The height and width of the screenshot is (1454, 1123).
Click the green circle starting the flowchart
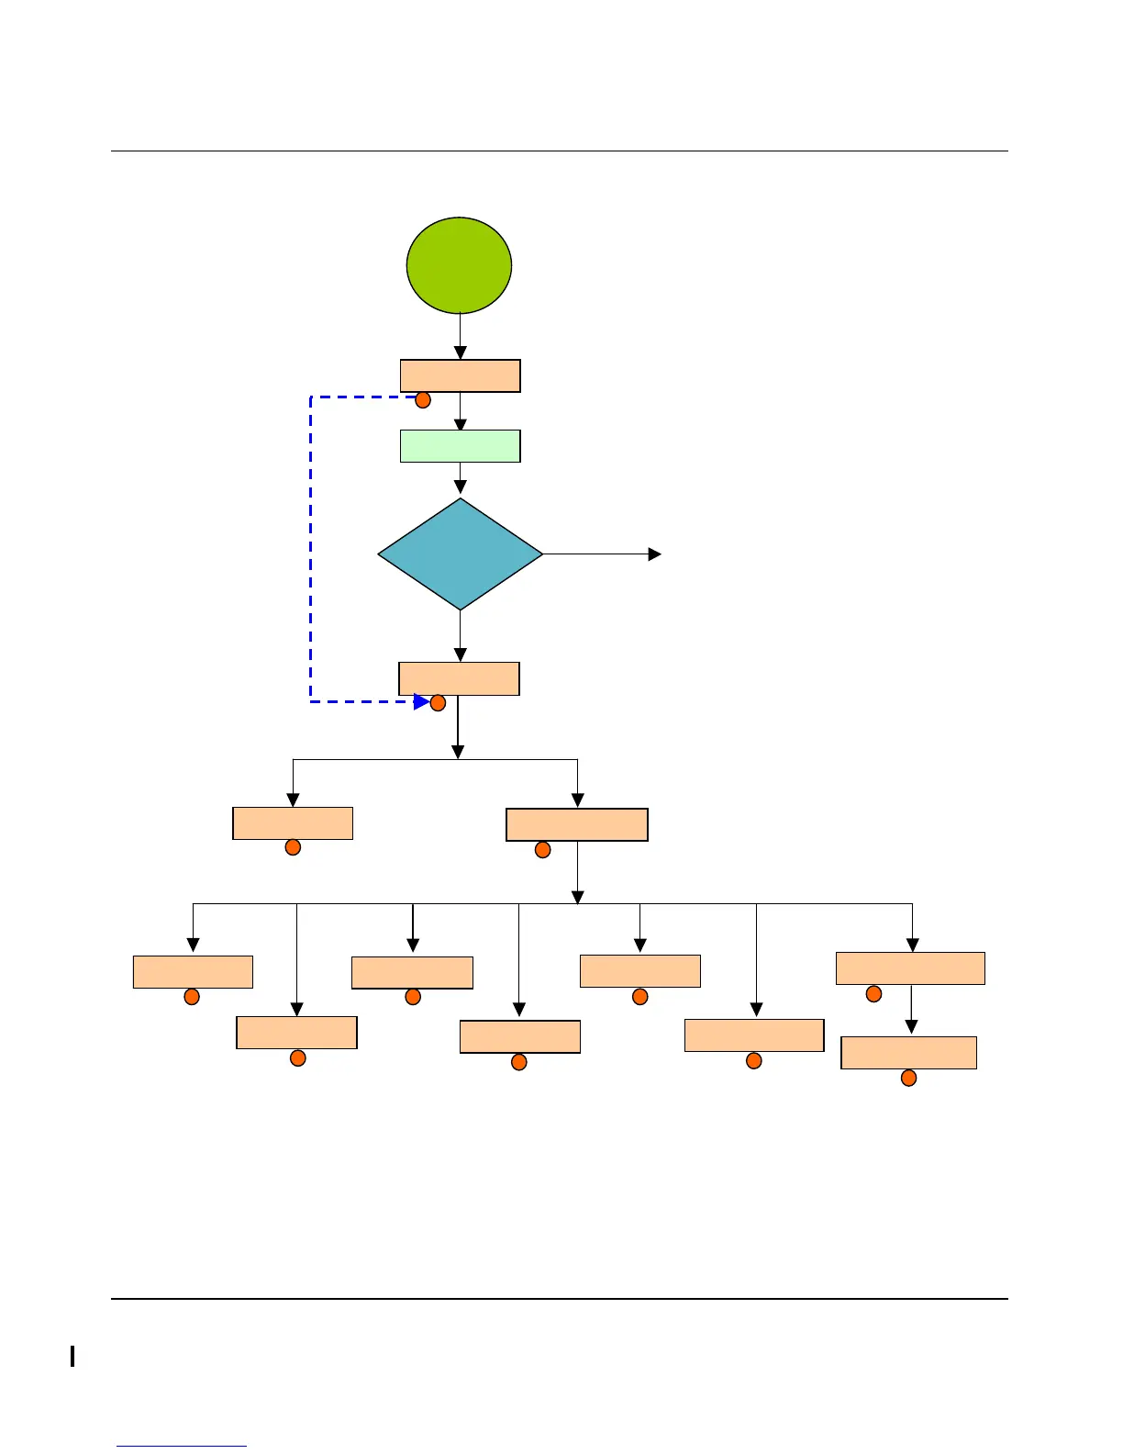459,265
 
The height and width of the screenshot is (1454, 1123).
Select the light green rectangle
460,446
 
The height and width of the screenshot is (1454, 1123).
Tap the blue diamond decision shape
460,554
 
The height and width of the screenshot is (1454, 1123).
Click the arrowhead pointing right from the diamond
654,554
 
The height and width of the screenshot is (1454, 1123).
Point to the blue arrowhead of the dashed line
421,702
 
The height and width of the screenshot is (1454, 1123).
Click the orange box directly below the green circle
460,375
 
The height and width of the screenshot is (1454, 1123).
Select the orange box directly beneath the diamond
459,678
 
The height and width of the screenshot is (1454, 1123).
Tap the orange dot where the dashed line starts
423,400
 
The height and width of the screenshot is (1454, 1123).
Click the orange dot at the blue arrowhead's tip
438,703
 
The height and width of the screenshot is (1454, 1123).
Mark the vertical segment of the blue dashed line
311,551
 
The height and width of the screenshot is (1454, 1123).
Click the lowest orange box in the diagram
908,1053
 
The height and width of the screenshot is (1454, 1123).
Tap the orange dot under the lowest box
908,1078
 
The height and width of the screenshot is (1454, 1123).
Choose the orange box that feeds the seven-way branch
577,824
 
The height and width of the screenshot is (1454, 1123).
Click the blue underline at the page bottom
182,1447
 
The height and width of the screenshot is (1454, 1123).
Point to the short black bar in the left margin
72,1356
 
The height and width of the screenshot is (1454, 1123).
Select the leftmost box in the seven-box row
193,971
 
